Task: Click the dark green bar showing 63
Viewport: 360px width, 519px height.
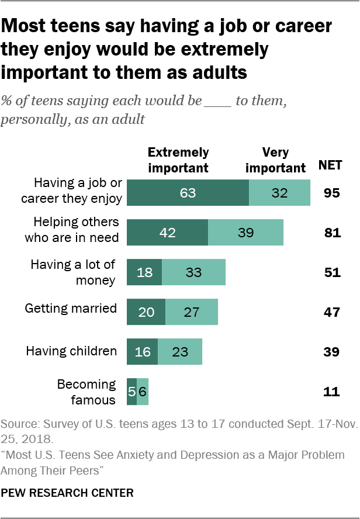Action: tap(188, 192)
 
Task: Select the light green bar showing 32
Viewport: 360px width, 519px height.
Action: tap(279, 192)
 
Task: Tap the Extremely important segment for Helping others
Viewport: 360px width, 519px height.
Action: tap(167, 232)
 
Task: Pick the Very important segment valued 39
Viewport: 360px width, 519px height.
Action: tap(245, 232)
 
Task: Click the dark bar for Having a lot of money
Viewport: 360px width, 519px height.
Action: tap(144, 272)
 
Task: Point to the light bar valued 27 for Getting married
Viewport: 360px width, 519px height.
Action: tap(192, 312)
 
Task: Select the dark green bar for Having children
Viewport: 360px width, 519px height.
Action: tap(142, 351)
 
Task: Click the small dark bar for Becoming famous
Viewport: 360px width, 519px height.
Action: tap(131, 392)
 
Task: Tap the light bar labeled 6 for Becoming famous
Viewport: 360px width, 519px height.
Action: tap(143, 392)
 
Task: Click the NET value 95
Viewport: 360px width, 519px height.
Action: tap(331, 192)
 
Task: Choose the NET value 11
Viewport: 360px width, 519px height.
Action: tap(331, 392)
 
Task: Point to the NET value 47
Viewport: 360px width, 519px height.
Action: tap(331, 312)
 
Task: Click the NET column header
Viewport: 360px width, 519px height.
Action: tap(331, 166)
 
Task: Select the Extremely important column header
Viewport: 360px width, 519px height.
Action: tap(178, 160)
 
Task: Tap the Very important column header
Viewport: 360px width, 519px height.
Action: tap(275, 160)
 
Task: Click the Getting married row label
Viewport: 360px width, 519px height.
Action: tap(71, 309)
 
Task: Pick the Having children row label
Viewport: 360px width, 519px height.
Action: tap(71, 351)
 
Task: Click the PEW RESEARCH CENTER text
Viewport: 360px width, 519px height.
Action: tap(67, 493)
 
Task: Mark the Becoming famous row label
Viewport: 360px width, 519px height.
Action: tap(86, 392)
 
